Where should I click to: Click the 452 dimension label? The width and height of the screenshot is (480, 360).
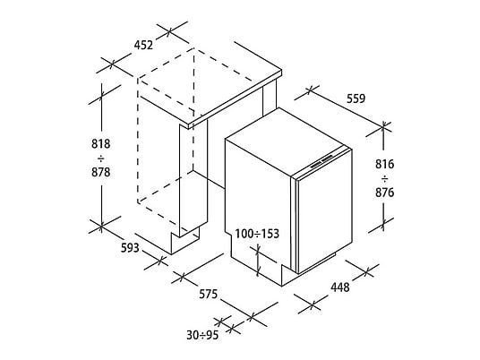[143, 45]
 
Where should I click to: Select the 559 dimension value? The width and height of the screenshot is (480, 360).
[356, 99]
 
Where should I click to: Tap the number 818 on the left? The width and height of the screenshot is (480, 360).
[100, 143]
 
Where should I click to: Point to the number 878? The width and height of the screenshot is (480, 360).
[100, 172]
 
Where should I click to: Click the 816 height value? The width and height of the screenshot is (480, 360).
[385, 165]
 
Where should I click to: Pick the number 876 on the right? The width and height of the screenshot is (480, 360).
[385, 193]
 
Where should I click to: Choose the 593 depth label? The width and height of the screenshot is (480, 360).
[130, 248]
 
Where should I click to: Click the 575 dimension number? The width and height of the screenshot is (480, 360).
[208, 294]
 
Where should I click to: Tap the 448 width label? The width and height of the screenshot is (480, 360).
[339, 287]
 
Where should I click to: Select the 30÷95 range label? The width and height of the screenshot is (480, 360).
[202, 335]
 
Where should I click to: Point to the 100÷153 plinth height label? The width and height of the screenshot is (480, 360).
[257, 234]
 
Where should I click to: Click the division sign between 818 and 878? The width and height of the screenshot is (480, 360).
[100, 159]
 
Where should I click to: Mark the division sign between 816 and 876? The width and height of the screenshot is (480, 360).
[385, 178]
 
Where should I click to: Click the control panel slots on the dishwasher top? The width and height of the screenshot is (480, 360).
[321, 162]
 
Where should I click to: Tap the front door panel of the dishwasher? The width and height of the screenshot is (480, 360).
[324, 211]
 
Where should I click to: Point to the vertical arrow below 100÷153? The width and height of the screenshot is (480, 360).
[258, 260]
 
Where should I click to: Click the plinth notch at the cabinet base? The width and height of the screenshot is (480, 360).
[184, 242]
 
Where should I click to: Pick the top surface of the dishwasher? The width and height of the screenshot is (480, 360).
[288, 141]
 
